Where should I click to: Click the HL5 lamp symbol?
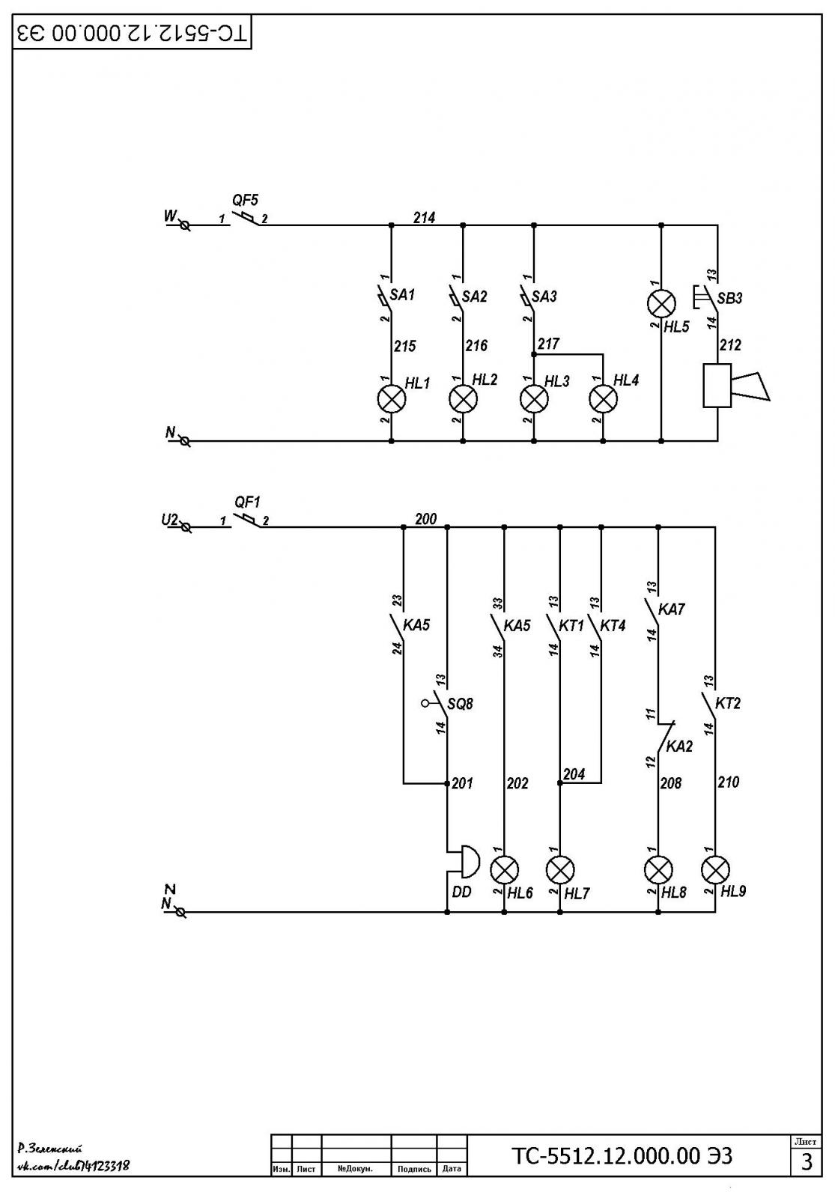click(661, 303)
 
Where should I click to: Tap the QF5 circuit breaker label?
click(245, 201)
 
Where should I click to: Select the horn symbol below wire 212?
click(737, 386)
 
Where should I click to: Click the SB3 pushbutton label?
click(729, 299)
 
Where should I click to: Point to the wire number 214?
click(424, 218)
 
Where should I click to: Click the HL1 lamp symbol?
click(392, 398)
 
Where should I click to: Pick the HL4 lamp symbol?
click(604, 398)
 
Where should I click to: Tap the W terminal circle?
click(185, 225)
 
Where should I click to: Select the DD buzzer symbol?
click(464, 862)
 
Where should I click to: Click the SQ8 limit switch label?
click(460, 704)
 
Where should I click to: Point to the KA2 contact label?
click(679, 746)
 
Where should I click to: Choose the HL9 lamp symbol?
click(716, 869)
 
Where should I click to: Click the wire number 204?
click(574, 774)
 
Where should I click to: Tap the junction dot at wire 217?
click(533, 355)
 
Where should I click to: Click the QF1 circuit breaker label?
click(248, 502)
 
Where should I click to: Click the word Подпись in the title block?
click(414, 1169)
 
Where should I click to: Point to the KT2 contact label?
click(727, 703)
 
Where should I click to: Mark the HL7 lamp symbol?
click(560, 870)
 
